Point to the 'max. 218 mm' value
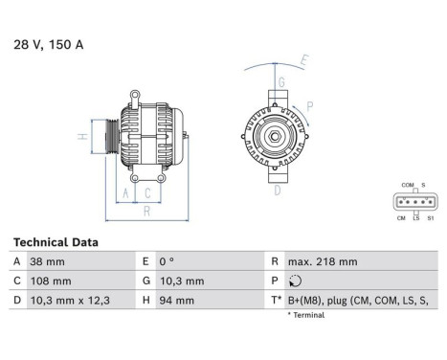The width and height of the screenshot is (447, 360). click(324, 261)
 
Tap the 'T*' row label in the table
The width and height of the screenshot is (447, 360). click(277, 300)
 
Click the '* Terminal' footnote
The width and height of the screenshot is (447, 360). click(305, 314)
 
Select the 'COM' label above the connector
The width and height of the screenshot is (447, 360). click(407, 185)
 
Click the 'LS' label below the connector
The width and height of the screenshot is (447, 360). click(414, 218)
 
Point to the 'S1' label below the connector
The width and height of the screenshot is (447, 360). click(430, 218)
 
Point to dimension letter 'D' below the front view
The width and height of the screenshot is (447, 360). click(278, 191)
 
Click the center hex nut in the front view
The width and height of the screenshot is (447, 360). click(273, 136)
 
